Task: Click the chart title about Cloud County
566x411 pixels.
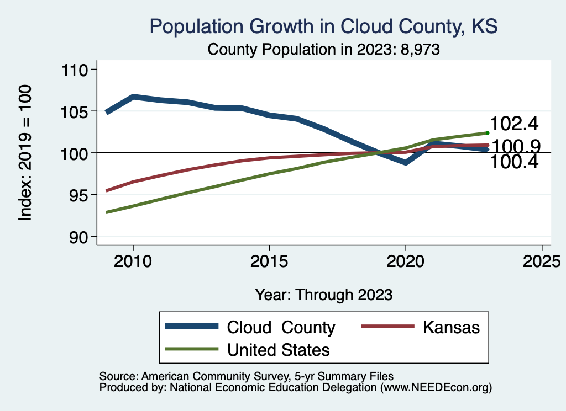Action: (x=324, y=26)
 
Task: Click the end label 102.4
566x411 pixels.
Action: (x=514, y=123)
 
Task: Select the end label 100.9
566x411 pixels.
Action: (x=515, y=146)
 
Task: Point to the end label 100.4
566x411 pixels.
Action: (x=514, y=162)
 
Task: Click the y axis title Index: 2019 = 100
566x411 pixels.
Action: (x=25, y=153)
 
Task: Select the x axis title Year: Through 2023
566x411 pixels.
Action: (x=324, y=295)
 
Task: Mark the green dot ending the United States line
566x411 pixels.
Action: (x=487, y=132)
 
